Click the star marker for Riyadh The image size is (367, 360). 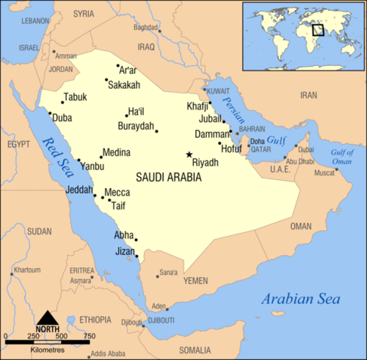pos(189,154)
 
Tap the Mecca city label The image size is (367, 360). pos(117,192)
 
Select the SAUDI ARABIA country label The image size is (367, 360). pos(168,177)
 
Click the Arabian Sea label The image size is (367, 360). pos(302,299)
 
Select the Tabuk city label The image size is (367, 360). pos(75,97)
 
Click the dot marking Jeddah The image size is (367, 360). pos(94,195)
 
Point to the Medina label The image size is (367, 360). pos(116,153)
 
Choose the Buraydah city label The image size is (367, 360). pos(136,126)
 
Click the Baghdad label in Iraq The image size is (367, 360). pos(146,28)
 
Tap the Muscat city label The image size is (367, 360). pos(324,173)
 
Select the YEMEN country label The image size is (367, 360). pos(195,281)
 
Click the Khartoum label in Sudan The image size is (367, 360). pos(28,270)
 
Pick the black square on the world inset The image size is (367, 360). pos(318,30)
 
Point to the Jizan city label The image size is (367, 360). pos(125,251)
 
